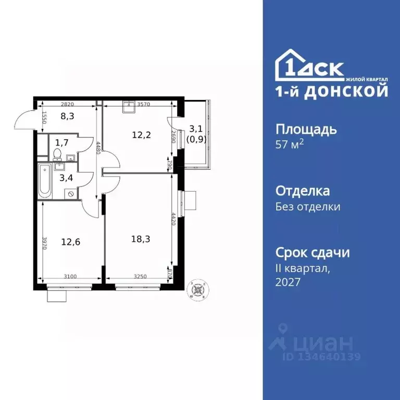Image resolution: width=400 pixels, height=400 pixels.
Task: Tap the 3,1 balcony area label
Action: point(196,128)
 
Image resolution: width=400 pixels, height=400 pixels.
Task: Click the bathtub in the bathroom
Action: point(45,181)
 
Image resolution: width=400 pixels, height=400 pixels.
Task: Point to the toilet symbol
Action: point(57,154)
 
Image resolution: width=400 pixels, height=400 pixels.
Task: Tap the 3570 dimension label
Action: point(144,104)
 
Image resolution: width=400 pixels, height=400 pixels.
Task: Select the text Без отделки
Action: point(307,207)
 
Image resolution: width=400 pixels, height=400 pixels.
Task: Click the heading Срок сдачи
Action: point(312,253)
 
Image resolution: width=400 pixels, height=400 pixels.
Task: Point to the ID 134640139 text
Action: point(321,357)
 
